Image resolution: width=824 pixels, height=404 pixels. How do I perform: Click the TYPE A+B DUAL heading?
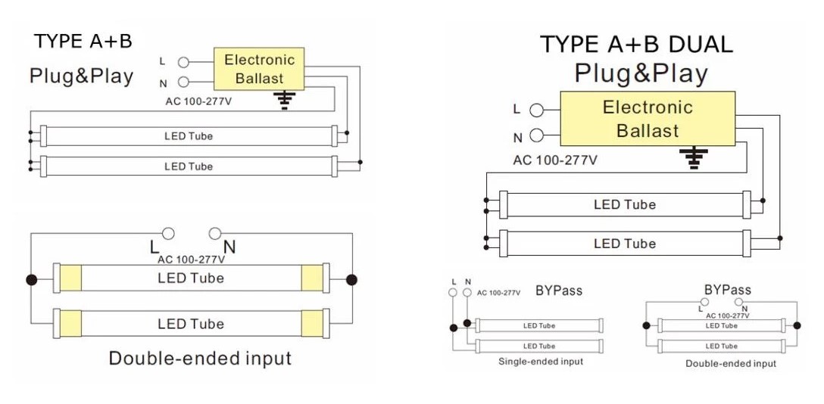coord(636,45)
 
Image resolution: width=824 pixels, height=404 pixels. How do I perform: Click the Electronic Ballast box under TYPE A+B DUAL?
coord(648,119)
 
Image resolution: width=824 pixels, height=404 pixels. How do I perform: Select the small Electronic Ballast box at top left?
coord(260,69)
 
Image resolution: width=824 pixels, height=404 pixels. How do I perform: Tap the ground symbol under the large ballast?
coord(692,157)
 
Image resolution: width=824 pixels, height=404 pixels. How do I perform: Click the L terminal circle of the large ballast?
coord(537,109)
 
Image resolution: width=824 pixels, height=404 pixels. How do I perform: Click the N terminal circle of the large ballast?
coord(537,136)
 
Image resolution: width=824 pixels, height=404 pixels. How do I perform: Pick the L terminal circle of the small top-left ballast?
coord(183,62)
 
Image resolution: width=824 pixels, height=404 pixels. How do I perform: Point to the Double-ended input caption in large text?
coord(200,358)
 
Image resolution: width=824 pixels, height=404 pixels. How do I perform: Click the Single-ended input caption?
coord(541,362)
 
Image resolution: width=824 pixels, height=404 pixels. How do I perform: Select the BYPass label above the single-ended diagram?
coord(559,291)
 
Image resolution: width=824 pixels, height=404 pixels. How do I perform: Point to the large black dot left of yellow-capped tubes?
coord(31,280)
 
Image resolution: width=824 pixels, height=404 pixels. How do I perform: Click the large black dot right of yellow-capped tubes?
coord(351,280)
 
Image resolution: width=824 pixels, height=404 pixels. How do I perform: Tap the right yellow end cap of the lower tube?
coord(311,324)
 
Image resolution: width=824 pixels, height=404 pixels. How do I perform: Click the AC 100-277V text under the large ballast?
coord(555,160)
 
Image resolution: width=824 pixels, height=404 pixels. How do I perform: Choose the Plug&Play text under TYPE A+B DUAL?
coord(641,73)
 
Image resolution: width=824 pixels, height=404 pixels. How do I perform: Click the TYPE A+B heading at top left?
coord(83,41)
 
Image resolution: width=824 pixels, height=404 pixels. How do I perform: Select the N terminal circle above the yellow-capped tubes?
coord(215,234)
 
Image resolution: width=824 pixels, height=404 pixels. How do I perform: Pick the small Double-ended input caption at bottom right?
coord(731,364)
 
